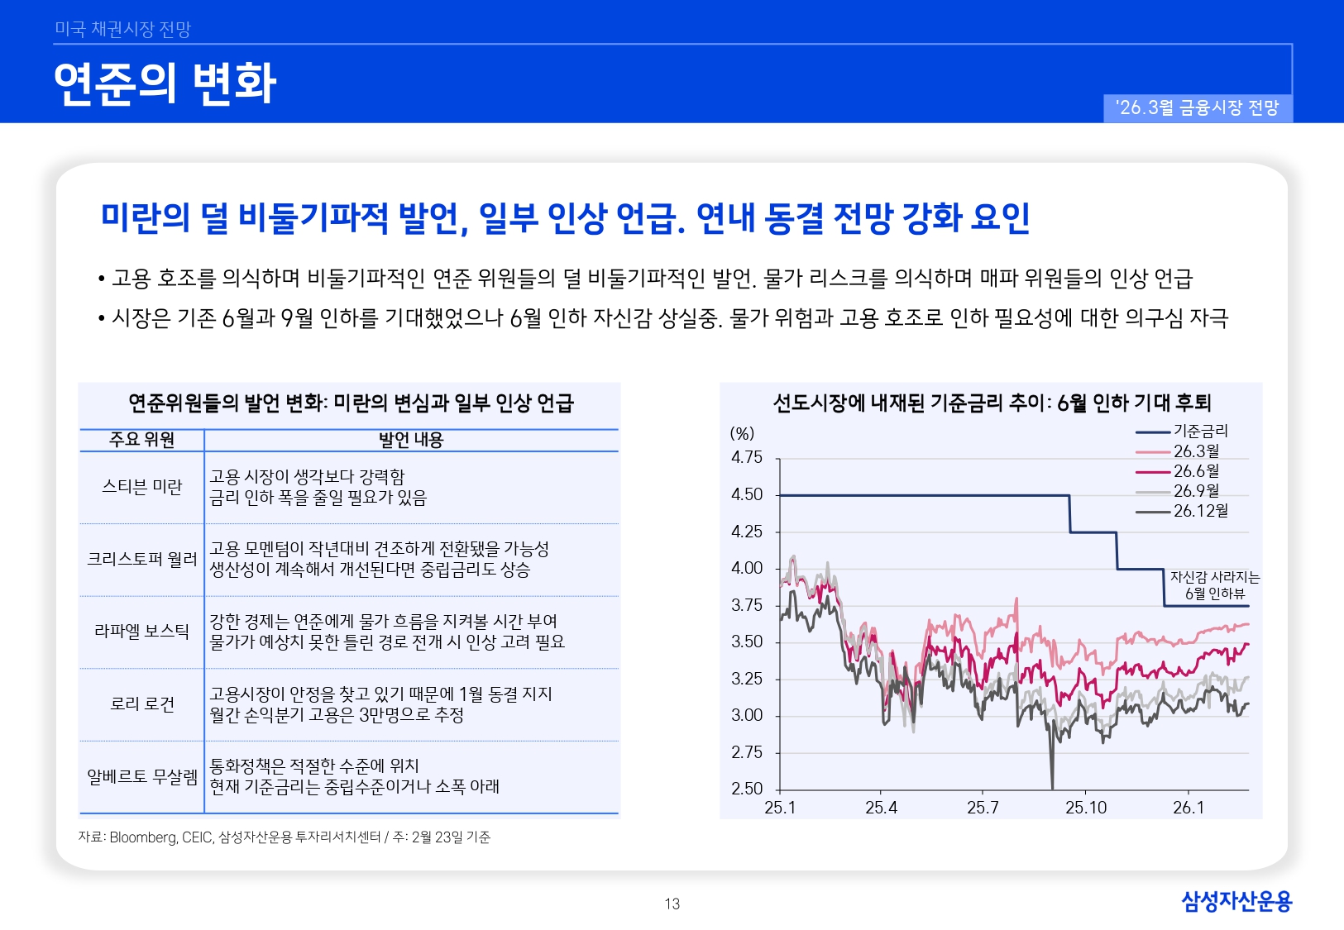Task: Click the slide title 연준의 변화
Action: [165, 83]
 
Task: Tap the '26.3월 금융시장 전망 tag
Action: [1197, 108]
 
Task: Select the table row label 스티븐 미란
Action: [141, 487]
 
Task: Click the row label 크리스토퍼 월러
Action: [141, 560]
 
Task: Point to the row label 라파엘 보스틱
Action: [141, 632]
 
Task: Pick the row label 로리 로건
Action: [141, 704]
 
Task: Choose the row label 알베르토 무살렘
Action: [141, 777]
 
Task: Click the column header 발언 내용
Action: [411, 441]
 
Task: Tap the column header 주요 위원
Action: [141, 441]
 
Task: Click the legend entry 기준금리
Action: [1200, 431]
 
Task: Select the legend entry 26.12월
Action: [1200, 511]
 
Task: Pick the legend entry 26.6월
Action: [1196, 471]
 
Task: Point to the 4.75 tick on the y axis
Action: [747, 458]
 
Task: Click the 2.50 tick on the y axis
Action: [747, 789]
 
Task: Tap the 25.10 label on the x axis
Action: [1085, 808]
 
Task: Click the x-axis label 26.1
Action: [1188, 808]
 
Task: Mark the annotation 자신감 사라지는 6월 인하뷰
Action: [1214, 585]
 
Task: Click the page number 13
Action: [672, 904]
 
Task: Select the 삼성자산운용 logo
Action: [1236, 901]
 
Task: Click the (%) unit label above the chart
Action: [742, 434]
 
